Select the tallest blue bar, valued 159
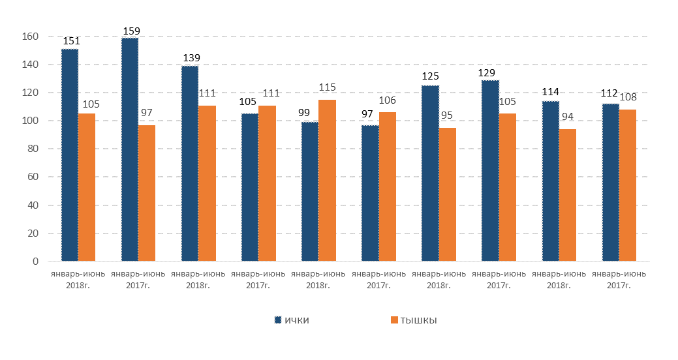tap(130, 149)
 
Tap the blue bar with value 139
tap(190, 164)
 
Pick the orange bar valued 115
tap(327, 181)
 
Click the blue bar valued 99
tap(310, 192)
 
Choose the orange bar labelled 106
tap(387, 187)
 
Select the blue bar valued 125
tap(430, 173)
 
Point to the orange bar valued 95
tap(448, 194)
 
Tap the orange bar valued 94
tap(568, 195)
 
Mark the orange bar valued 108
tap(628, 185)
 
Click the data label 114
tap(550, 93)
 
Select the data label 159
tap(130, 30)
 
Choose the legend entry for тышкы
tap(414, 320)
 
